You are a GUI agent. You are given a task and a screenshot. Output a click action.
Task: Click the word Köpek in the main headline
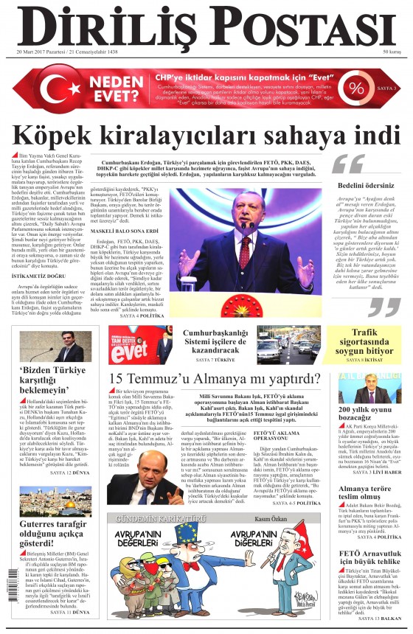click(x=77, y=136)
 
